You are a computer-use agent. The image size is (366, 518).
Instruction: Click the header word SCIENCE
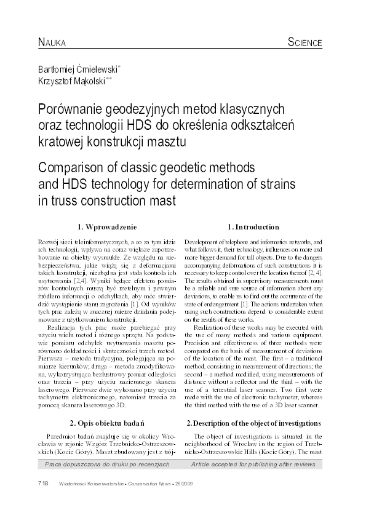[304, 42]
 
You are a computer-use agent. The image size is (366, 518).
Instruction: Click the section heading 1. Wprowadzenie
[106, 227]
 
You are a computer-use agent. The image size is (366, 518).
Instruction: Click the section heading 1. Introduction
[253, 227]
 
